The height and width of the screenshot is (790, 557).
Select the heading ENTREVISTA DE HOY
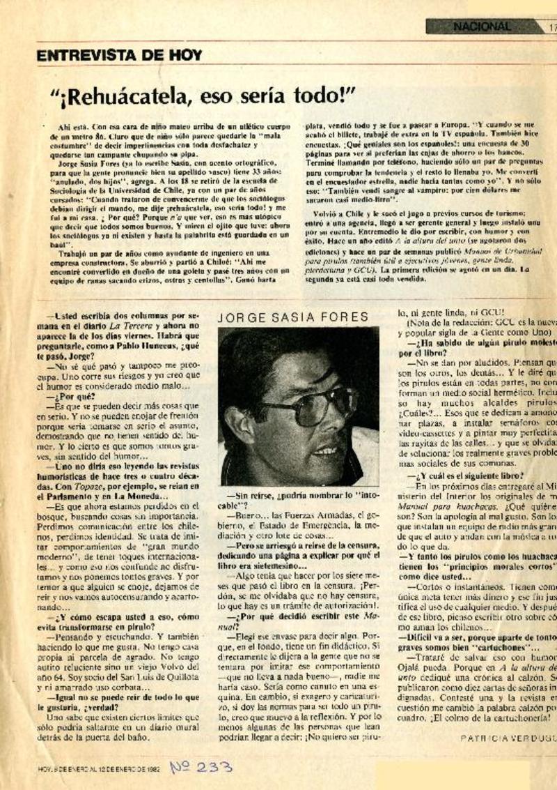119,54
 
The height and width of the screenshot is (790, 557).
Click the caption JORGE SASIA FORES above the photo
293,317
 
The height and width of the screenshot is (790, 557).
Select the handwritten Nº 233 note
202,767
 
